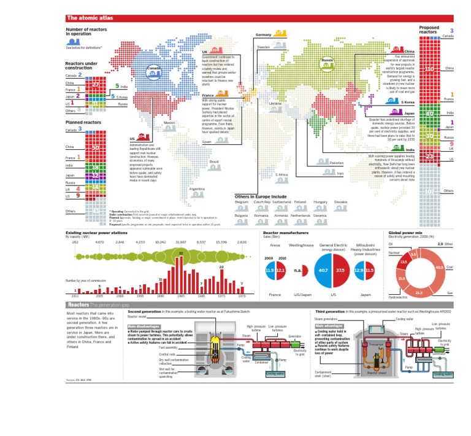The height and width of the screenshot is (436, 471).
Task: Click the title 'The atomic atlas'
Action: pyautogui.click(x=85, y=18)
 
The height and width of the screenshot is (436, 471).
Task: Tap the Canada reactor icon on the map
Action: pyautogui.click(x=153, y=74)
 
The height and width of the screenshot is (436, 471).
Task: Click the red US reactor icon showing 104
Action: pyautogui.click(x=142, y=136)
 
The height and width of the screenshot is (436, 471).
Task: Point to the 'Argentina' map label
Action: pyautogui.click(x=197, y=189)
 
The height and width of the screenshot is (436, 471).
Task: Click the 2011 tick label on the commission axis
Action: pyautogui.click(x=75, y=295)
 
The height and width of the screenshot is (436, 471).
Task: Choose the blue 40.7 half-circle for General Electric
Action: pyautogui.click(x=324, y=270)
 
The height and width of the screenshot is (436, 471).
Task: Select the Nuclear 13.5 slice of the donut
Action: pyautogui.click(x=404, y=263)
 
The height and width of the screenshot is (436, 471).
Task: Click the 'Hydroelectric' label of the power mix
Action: pyautogui.click(x=399, y=297)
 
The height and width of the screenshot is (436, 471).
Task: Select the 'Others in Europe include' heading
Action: pyautogui.click(x=260, y=197)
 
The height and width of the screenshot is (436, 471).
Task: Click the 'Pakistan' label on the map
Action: pyautogui.click(x=337, y=163)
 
